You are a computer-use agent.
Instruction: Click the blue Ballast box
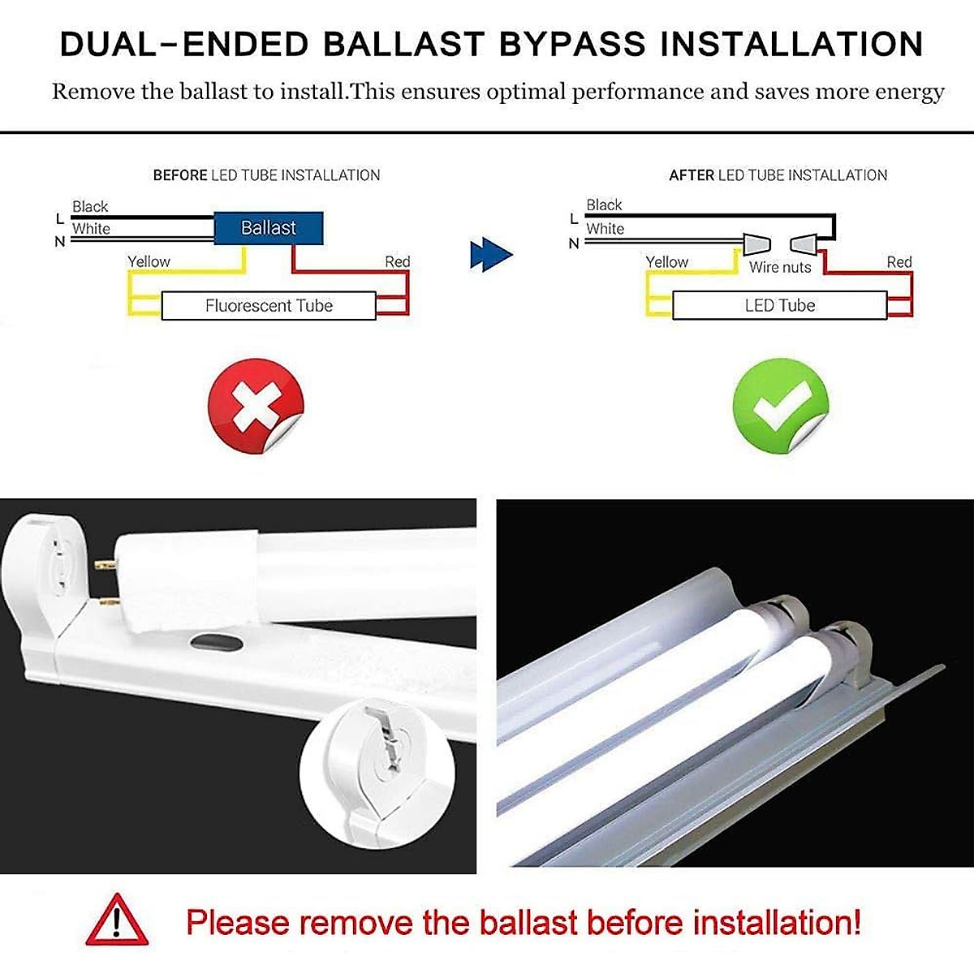(268, 228)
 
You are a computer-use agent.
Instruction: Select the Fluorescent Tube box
(269, 306)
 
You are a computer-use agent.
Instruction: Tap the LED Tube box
(779, 306)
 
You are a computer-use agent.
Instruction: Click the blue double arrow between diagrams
(490, 255)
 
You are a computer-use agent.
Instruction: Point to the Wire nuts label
(779, 267)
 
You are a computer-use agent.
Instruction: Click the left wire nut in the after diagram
(755, 242)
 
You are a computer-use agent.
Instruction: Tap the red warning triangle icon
(118, 920)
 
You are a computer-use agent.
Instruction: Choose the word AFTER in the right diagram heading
(692, 175)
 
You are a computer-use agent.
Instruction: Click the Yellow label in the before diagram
(149, 261)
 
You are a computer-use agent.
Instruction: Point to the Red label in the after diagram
(899, 262)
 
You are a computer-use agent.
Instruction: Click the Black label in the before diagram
(90, 207)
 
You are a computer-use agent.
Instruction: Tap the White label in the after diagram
(605, 229)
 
